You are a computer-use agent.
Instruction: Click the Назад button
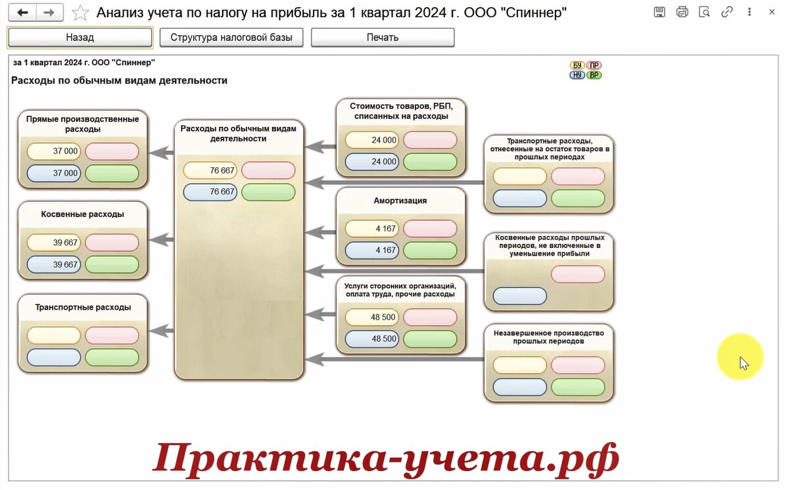point(80,37)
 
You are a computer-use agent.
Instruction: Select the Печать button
point(383,37)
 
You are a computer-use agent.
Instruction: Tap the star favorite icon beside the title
point(80,12)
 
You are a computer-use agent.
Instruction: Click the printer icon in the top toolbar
point(682,12)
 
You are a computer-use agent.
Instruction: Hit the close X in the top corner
point(772,12)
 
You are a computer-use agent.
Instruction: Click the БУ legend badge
point(577,65)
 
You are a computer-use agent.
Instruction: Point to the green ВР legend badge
point(594,75)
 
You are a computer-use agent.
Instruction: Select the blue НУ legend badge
point(577,75)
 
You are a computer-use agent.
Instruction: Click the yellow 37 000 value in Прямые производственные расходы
point(54,151)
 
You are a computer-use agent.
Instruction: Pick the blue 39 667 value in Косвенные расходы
point(54,264)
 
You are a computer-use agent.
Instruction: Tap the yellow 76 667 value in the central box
point(210,170)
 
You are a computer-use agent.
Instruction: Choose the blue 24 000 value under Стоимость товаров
point(372,162)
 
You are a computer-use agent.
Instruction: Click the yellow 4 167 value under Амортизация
point(372,229)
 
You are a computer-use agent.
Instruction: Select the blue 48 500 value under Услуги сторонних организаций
point(372,339)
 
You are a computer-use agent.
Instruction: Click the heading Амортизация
point(400,201)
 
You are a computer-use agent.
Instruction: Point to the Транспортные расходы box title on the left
point(83,307)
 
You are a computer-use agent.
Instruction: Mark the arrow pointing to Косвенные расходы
point(161,239)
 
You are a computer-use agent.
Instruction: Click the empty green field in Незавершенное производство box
point(578,387)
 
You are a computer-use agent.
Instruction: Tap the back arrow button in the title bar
point(22,12)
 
